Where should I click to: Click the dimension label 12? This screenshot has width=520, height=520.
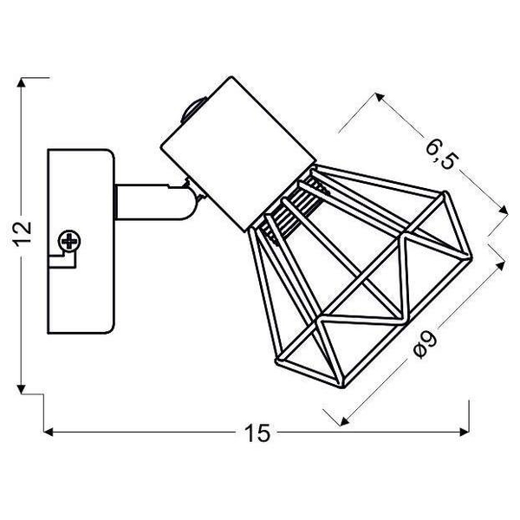23,234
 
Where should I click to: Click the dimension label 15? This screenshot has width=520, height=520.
257,432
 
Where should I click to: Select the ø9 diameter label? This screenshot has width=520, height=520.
426,344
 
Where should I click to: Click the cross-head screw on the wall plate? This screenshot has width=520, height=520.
69,241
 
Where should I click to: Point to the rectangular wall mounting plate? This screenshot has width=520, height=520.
81,241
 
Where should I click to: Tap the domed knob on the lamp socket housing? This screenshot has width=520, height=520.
193,109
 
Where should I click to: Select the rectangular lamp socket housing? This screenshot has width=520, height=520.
237,153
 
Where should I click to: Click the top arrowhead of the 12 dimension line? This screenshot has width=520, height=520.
22,82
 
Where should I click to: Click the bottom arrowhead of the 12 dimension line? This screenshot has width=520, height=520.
22,388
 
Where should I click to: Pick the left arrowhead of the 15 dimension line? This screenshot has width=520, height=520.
49,432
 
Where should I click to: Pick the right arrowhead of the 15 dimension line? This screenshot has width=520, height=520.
465,432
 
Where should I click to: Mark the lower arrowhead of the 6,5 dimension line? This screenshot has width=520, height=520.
503,210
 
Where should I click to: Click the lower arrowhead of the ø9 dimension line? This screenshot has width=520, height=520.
345,421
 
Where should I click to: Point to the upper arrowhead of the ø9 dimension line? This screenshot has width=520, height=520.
500,265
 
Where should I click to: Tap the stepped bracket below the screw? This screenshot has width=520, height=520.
62,259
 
